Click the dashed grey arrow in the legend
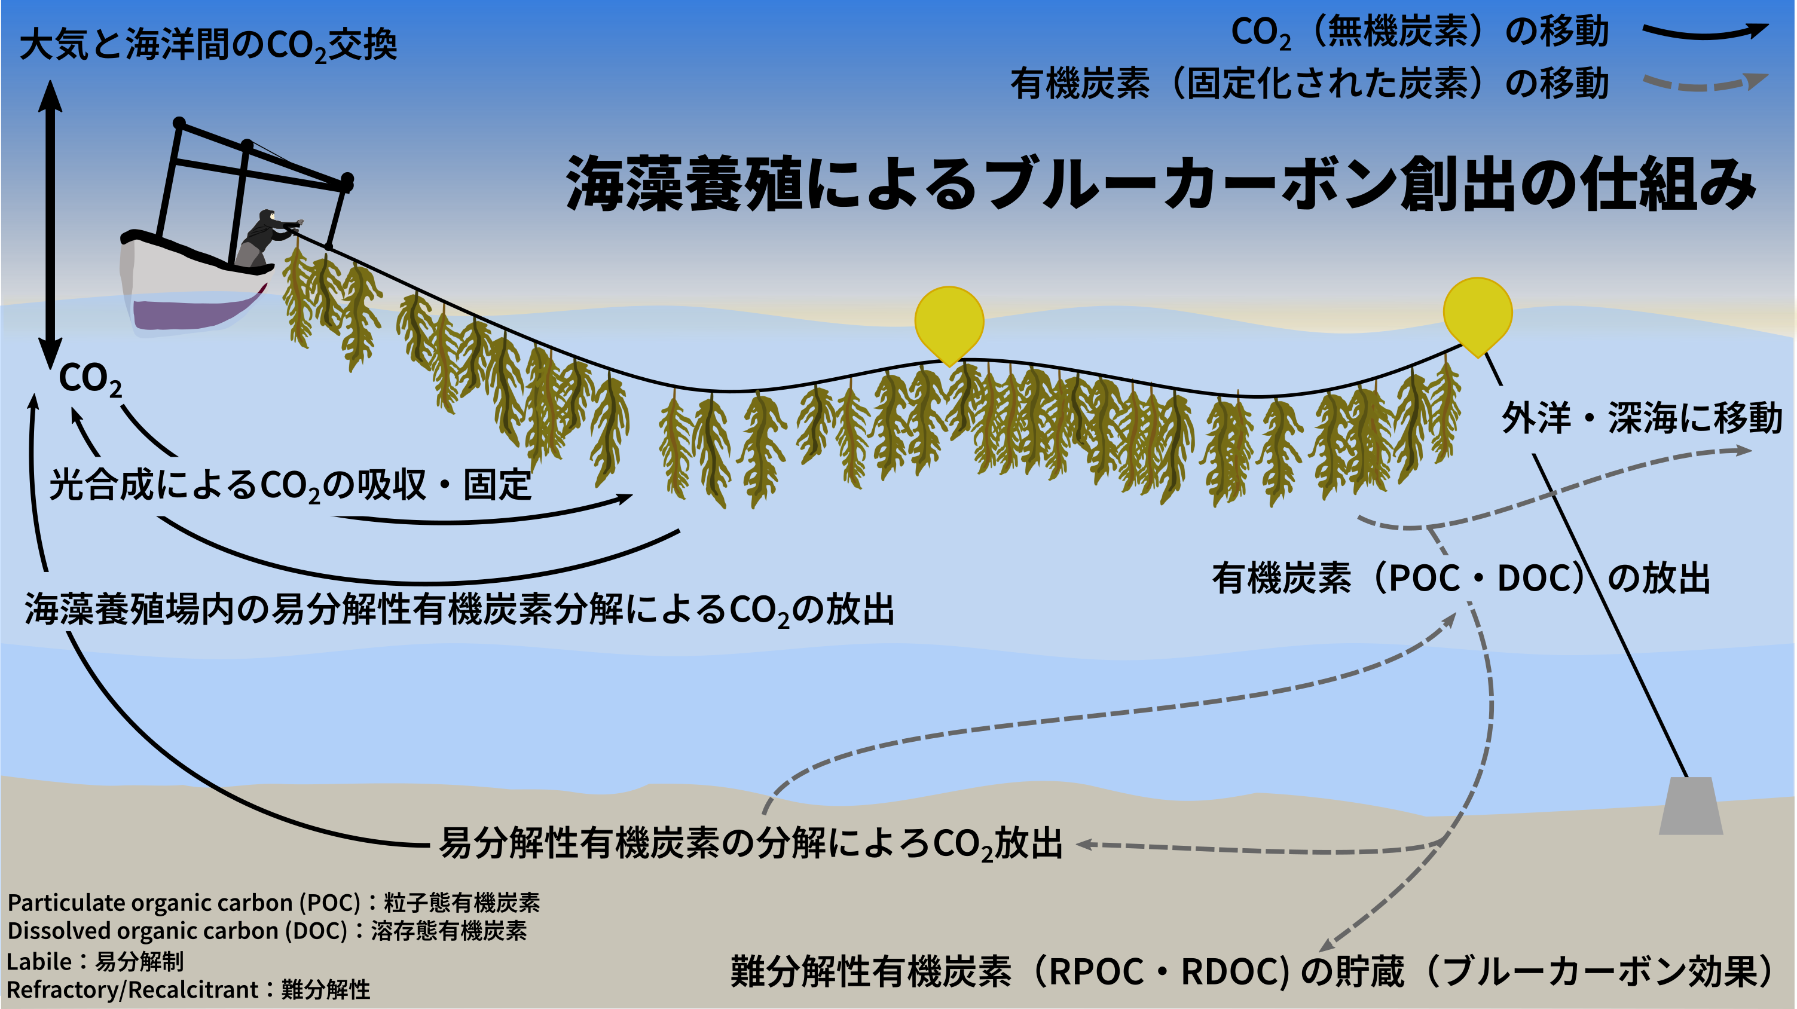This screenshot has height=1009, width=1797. [1706, 84]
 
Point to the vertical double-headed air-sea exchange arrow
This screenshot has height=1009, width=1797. [50, 225]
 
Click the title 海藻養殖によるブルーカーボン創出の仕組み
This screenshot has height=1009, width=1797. [1161, 184]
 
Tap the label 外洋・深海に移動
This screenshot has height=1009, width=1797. [1642, 418]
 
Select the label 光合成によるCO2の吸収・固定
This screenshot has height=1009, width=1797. [290, 485]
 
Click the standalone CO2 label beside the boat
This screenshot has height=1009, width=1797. [90, 380]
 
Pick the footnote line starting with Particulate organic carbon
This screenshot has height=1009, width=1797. [273, 903]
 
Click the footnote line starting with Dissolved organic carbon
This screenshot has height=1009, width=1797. [267, 931]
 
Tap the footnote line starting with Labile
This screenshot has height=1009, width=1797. [95, 962]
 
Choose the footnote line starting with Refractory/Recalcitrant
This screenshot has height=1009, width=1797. [188, 989]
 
